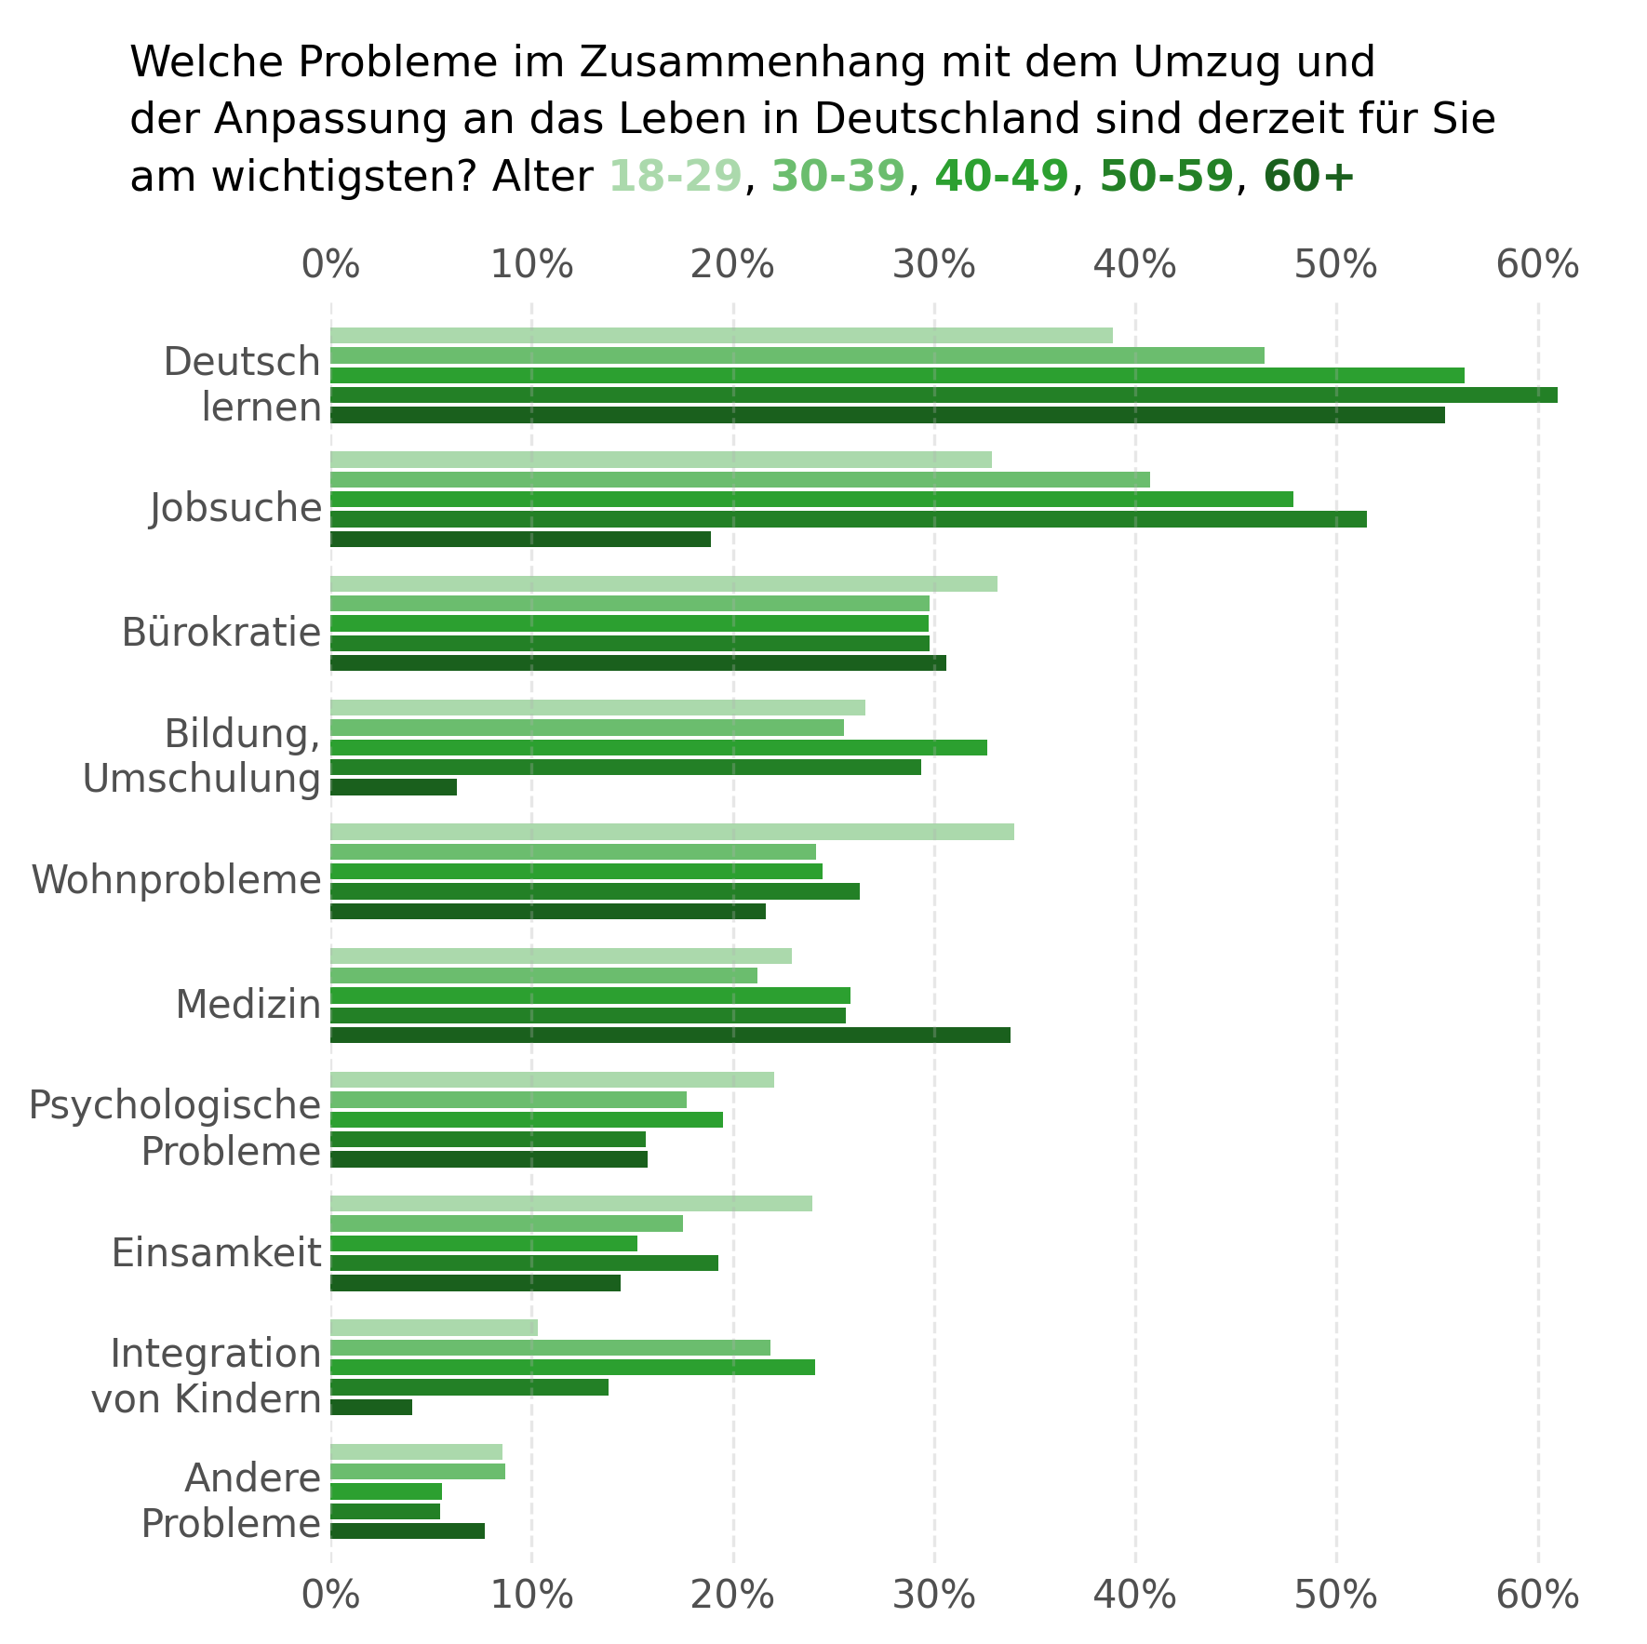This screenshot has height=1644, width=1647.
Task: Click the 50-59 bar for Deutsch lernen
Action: (x=944, y=395)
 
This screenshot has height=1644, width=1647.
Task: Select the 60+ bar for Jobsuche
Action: (x=520, y=540)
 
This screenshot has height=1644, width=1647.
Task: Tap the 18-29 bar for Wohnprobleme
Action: (x=672, y=832)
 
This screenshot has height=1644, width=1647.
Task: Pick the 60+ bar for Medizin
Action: (x=670, y=1036)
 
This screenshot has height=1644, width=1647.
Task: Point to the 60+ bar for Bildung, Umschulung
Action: (x=394, y=788)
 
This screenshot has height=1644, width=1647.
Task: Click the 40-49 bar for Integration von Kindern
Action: (x=572, y=1368)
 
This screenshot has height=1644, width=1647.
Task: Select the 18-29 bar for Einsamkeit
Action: (x=571, y=1204)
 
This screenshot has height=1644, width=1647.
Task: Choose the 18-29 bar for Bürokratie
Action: (x=663, y=584)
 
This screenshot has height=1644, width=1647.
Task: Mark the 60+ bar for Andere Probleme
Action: (x=408, y=1531)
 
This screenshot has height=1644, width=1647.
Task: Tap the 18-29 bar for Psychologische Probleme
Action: (x=552, y=1080)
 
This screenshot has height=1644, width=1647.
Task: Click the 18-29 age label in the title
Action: (x=676, y=177)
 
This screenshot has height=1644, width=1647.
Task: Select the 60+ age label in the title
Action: (x=1308, y=177)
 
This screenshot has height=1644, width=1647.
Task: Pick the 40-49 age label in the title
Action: (x=1001, y=177)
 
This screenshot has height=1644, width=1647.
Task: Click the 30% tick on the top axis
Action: (x=934, y=265)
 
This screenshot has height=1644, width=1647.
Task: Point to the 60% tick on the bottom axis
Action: (x=1538, y=1595)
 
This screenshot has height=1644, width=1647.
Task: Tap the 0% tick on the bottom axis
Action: (x=330, y=1595)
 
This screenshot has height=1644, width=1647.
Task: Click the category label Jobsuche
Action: (x=236, y=509)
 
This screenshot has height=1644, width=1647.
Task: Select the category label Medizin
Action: (x=248, y=1005)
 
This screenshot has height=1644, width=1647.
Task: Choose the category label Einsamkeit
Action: (x=217, y=1253)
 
